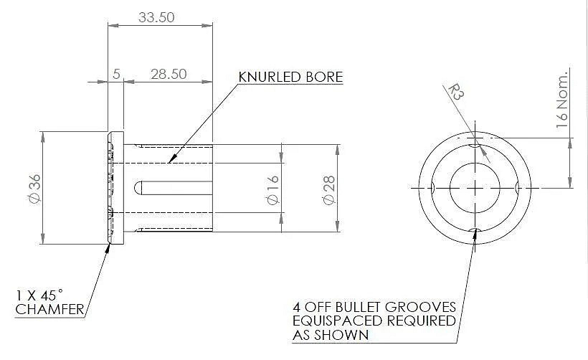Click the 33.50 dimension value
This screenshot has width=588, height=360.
click(x=156, y=17)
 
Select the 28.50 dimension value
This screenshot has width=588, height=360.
click(x=169, y=74)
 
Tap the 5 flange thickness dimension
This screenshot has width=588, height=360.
click(x=116, y=74)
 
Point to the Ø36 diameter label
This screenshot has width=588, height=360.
click(x=35, y=189)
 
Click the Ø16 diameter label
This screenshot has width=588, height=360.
click(x=273, y=190)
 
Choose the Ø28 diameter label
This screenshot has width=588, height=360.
click(x=329, y=190)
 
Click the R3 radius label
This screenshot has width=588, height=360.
click(x=456, y=93)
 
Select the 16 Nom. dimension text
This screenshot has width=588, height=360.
click(x=562, y=100)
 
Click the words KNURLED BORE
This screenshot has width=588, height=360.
click(x=290, y=77)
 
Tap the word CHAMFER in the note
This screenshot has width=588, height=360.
click(x=50, y=309)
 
